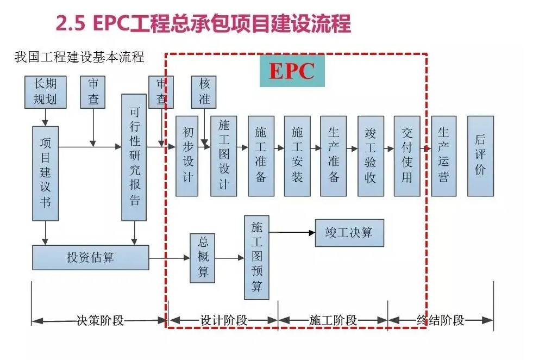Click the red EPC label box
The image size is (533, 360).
click(x=291, y=70)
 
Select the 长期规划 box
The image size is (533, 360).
click(x=45, y=92)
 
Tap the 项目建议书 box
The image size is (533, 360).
click(x=45, y=173)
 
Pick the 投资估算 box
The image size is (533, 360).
click(x=90, y=257)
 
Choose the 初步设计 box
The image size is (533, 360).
click(x=188, y=156)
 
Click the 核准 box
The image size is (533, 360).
click(x=204, y=92)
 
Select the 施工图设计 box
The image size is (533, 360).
click(x=223, y=156)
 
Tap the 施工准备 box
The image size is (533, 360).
click(x=261, y=156)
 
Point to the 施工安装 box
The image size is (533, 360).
click(x=297, y=156)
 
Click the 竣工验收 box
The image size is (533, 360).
click(x=371, y=156)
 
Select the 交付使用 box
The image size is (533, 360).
click(x=407, y=156)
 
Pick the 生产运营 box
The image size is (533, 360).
click(x=443, y=156)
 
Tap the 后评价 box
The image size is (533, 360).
click(x=480, y=156)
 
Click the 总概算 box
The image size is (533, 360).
click(x=203, y=258)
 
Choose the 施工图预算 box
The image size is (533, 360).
click(x=256, y=257)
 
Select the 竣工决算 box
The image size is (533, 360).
click(x=349, y=233)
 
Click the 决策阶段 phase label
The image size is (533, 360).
click(x=99, y=320)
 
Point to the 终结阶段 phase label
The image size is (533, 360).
click(x=441, y=320)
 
